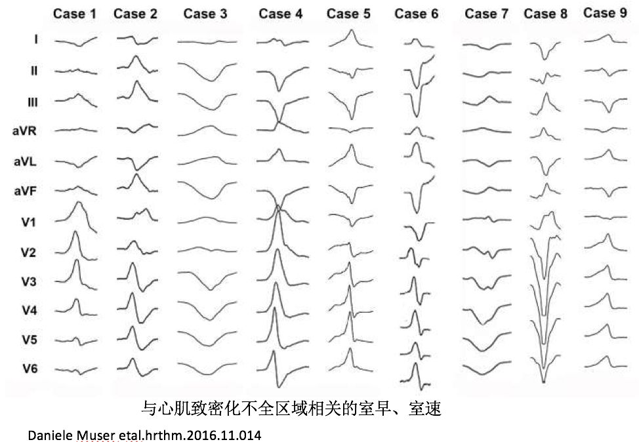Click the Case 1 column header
point(75,13)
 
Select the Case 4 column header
point(280,13)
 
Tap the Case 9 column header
point(600,12)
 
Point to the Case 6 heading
point(417,14)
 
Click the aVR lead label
point(24,131)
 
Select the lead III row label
point(32,102)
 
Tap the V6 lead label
point(30,369)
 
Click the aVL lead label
point(25,161)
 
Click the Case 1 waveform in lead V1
point(77,216)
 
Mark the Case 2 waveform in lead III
point(136,92)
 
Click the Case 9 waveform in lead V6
point(605,363)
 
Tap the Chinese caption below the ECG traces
point(291,410)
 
